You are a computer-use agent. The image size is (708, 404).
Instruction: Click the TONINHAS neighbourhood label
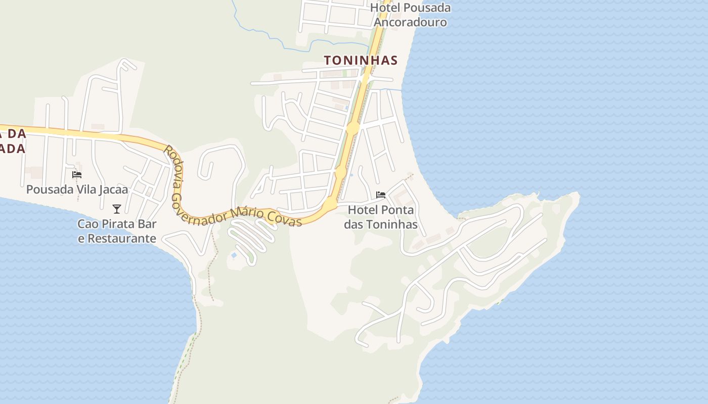(361, 60)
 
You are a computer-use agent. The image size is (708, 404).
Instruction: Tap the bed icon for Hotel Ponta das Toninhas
(381, 194)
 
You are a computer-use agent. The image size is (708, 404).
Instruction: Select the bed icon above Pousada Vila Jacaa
(77, 175)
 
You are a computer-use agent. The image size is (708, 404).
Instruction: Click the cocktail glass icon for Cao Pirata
(117, 209)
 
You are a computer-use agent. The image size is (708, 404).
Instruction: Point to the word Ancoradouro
(410, 22)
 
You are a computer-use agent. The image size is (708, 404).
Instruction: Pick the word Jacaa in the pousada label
(114, 189)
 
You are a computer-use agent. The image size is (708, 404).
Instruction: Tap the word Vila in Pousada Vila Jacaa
(85, 189)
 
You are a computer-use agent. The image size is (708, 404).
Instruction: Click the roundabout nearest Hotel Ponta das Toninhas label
(330, 204)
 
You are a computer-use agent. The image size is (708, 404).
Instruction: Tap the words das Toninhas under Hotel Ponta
(381, 224)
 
